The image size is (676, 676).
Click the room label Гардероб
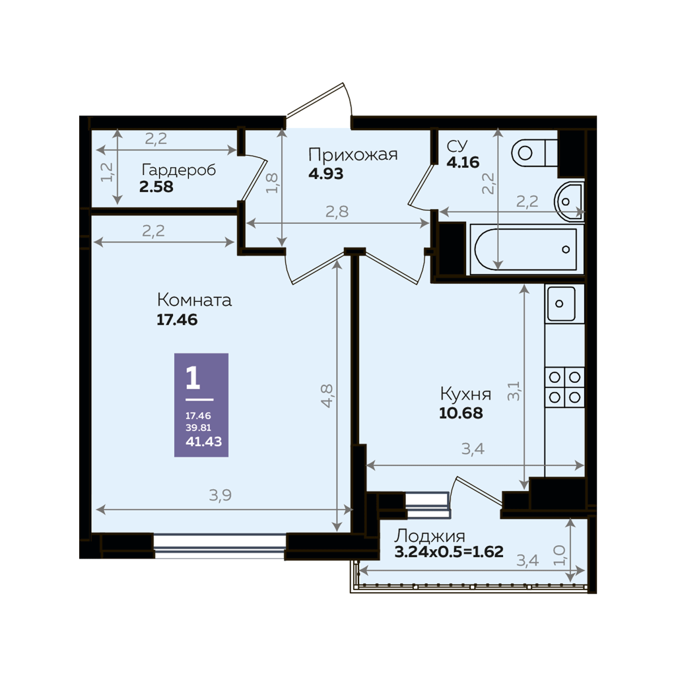pos(178,170)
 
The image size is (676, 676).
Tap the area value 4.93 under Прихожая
pos(325,174)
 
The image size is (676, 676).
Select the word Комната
pos(194,300)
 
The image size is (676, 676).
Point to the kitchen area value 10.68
pos(461,413)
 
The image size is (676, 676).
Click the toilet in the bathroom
pos(534,152)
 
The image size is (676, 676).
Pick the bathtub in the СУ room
pos(525,249)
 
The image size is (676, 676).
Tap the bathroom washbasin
pos(569,201)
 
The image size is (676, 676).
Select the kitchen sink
pos(561,304)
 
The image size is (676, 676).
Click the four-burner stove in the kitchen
pos(564,387)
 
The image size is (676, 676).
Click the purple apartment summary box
pos(201,405)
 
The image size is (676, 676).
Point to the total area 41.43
pos(203,442)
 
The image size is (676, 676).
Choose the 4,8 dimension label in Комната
pos(327,395)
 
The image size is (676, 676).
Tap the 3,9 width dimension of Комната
pos(220,495)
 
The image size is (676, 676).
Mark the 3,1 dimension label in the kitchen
pos(514,391)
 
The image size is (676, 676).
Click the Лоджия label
pos(430,536)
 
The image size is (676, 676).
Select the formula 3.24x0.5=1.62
pos(449,552)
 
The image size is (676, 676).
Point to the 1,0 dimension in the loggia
pos(558,555)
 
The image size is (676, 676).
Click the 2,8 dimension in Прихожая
pos(337,212)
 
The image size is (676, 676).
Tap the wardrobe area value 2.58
pos(156,187)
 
